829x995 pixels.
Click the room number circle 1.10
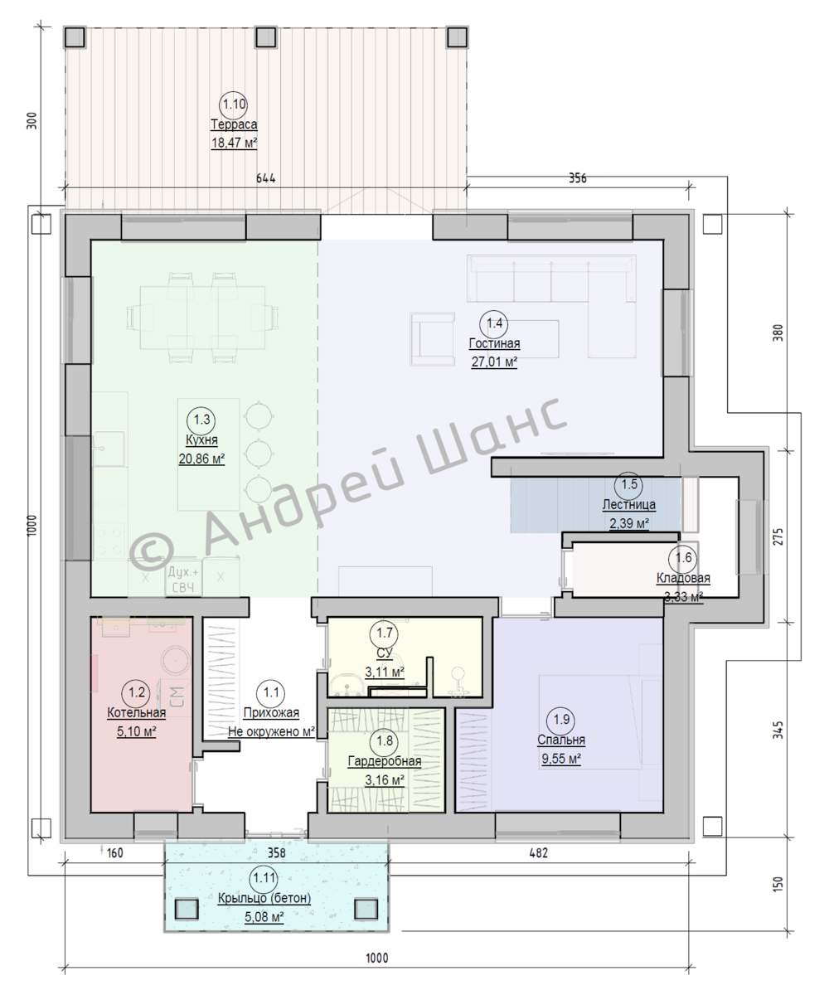point(234,104)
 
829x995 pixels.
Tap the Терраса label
point(234,124)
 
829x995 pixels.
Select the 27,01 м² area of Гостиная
point(495,362)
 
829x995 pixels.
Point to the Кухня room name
point(201,439)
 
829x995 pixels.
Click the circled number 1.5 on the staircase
point(629,484)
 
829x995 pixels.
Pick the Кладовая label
point(683,578)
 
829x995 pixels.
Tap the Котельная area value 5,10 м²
point(137,731)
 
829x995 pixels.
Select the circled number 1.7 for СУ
point(385,633)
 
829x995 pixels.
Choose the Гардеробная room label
point(385,761)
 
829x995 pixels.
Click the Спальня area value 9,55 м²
point(561,758)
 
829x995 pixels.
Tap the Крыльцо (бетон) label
point(264,898)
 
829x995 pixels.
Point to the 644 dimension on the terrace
point(266,178)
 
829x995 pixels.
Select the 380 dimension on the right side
point(777,332)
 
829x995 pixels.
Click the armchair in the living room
point(432,339)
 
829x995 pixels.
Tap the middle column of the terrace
point(266,37)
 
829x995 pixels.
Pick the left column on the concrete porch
point(187,910)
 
